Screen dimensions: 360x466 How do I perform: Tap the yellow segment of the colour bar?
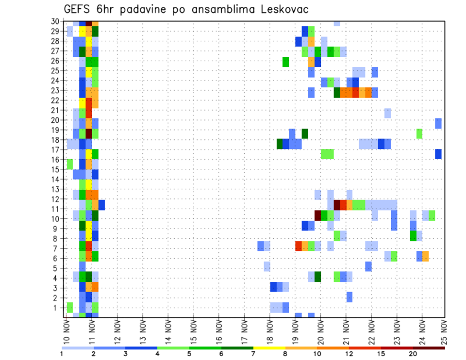pos(269,348)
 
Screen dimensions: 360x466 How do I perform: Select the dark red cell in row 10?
pos(318,214)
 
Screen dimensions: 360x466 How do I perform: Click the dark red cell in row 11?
pos(337,205)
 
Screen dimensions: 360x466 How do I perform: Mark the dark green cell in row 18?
pos(280,144)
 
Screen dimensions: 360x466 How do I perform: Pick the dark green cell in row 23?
pos(337,92)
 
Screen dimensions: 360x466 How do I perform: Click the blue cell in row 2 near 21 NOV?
pos(349,297)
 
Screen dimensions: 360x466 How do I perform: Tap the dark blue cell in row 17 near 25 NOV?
pos(438,154)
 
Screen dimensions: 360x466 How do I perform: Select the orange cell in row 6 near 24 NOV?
pos(425,256)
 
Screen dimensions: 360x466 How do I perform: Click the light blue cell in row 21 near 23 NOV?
pos(387,113)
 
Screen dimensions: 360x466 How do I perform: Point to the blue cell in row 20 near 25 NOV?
pos(438,123)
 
